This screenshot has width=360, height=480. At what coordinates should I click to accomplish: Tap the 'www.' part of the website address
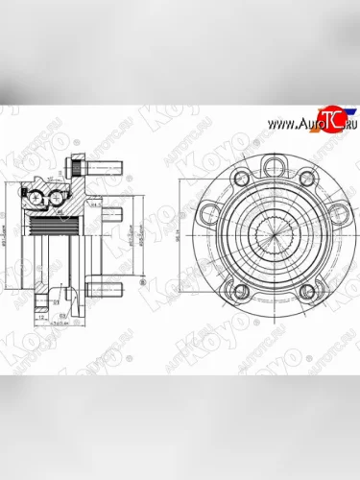pyautogui.click(x=277, y=126)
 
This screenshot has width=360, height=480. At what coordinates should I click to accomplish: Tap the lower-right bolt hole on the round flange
pyautogui.click(x=307, y=293)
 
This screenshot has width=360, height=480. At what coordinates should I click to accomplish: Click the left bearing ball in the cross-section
pyautogui.click(x=36, y=200)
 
